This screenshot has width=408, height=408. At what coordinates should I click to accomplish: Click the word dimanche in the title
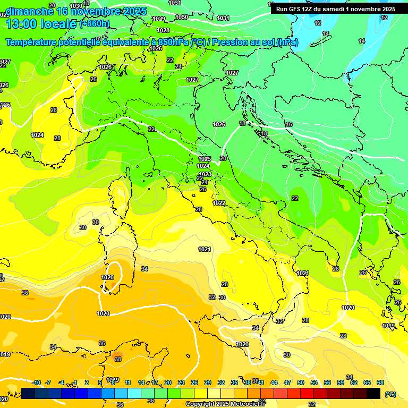(29, 11)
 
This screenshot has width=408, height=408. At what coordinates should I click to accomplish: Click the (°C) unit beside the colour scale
(390, 394)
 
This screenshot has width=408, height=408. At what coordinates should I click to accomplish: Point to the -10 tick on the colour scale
(36, 382)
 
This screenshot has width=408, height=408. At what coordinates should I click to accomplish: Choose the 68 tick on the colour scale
(380, 382)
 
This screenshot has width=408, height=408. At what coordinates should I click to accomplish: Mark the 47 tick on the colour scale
(287, 382)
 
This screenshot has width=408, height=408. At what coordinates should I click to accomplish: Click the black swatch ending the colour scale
(373, 393)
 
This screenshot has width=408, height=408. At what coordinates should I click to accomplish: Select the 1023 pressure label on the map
(205, 174)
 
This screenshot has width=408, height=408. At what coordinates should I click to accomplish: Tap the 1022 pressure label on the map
(219, 203)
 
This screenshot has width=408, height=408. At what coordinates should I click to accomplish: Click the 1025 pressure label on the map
(205, 159)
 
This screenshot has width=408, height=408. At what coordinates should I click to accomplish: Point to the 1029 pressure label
(158, 19)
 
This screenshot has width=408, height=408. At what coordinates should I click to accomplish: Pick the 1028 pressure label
(163, 30)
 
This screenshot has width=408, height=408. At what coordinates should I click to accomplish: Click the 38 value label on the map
(117, 359)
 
